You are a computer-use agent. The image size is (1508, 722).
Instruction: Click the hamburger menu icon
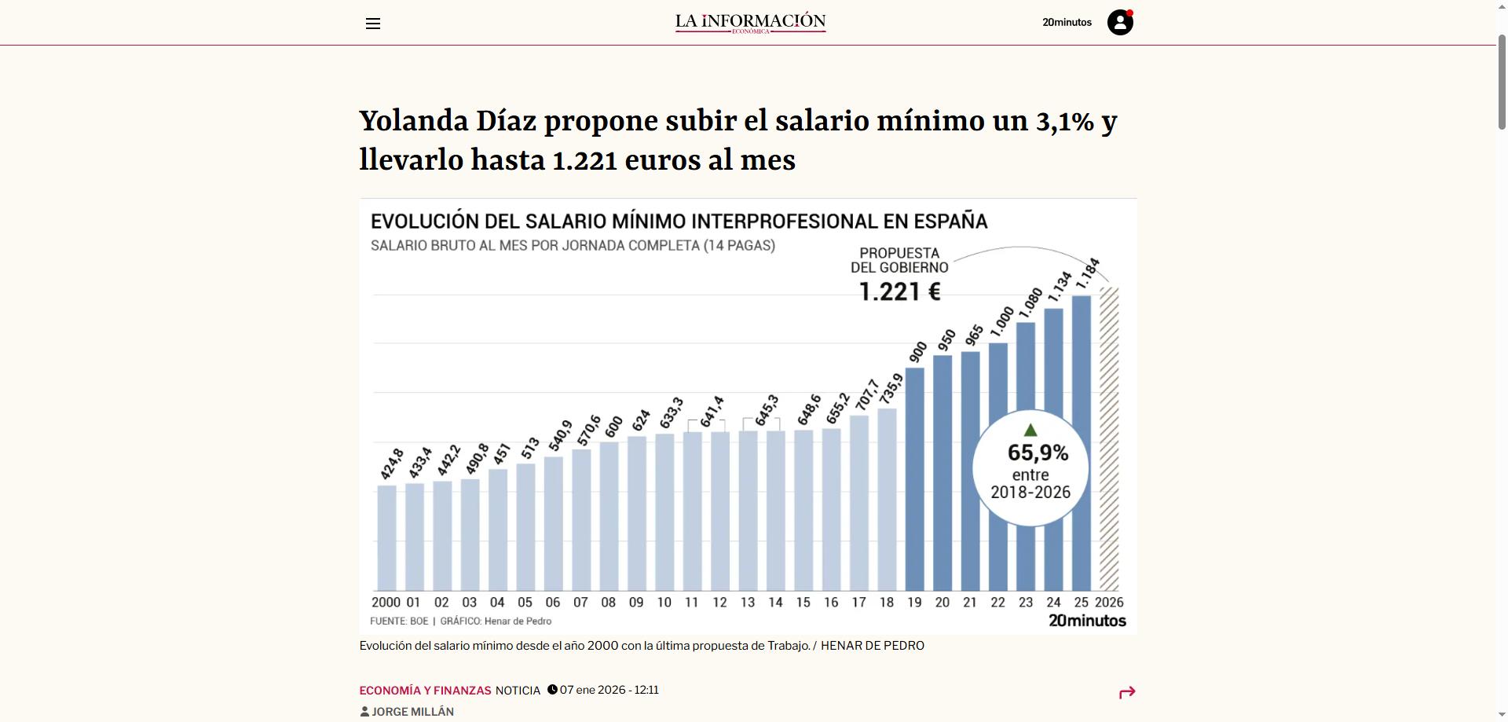click(373, 24)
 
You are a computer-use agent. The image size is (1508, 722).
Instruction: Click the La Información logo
click(750, 23)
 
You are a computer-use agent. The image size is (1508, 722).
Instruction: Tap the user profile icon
click(1120, 23)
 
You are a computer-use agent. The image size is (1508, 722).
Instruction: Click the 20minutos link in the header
click(1067, 23)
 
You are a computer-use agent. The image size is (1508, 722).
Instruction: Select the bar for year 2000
click(386, 538)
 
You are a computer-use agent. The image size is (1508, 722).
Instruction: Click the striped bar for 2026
click(1109, 440)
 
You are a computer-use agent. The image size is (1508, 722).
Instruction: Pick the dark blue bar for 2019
click(915, 479)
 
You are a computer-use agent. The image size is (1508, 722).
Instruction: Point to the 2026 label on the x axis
click(1109, 603)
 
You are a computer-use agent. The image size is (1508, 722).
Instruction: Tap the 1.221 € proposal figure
click(899, 292)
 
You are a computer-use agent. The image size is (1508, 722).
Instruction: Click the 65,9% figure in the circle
click(1038, 453)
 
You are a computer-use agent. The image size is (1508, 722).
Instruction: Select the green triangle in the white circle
click(1030, 431)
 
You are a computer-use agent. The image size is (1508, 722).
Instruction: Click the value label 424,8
click(392, 464)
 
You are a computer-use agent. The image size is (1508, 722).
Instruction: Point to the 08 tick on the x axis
click(609, 603)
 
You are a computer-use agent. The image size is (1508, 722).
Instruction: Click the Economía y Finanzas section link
click(425, 691)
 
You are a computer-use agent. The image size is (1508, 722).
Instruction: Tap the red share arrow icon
click(1127, 692)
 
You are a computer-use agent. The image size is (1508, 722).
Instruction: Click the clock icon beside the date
click(552, 690)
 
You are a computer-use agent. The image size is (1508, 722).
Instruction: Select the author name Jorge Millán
click(412, 712)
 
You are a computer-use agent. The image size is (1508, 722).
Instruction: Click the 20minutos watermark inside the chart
click(1087, 621)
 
